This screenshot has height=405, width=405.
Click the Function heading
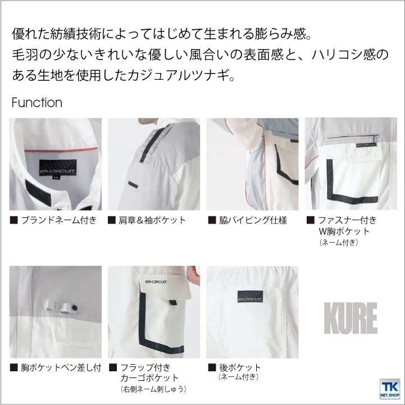37,103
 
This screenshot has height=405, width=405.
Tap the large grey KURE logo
350,318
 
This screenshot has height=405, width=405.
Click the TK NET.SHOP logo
388,388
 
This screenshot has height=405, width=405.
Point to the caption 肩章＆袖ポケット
152,220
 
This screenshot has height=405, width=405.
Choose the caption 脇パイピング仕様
252,220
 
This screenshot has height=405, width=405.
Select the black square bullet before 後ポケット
212,368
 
